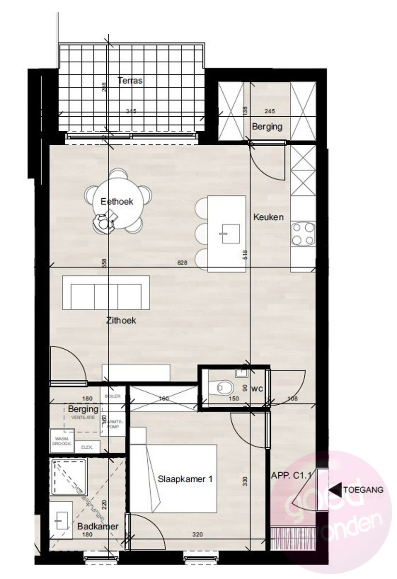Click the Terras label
pos(130,81)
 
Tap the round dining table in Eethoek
pos(117,201)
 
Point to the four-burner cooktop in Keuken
pos(303,234)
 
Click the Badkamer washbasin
pos(61,520)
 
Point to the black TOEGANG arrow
pos(336,490)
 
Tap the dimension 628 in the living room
pos(183,262)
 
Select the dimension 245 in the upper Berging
pos(269,111)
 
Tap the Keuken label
pos(269,217)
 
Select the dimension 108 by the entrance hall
pos(292,399)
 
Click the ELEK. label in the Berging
pos(87,447)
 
